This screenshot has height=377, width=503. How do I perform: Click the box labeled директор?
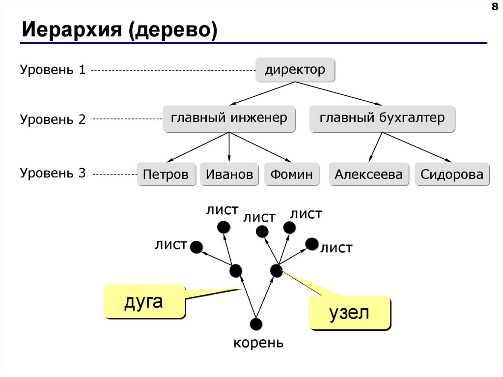click(x=295, y=69)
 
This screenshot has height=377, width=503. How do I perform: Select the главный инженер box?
click(x=229, y=118)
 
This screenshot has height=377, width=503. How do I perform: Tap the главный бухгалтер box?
click(x=382, y=118)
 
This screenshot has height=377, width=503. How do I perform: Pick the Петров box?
click(x=166, y=174)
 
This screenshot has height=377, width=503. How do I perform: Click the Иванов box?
click(x=229, y=174)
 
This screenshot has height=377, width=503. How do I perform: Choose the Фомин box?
click(x=291, y=174)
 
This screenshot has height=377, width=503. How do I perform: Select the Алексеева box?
click(x=368, y=174)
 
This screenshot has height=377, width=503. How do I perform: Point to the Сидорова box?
click(x=452, y=174)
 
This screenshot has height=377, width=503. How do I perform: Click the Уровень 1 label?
click(x=53, y=70)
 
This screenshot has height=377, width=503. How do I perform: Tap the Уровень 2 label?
click(x=53, y=119)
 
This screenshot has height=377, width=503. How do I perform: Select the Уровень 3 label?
click(x=53, y=173)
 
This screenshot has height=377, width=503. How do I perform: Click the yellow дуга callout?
click(x=144, y=301)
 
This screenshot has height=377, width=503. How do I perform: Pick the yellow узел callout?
click(x=349, y=313)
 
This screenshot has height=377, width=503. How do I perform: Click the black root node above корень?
click(x=256, y=324)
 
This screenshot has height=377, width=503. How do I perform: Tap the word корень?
click(x=258, y=343)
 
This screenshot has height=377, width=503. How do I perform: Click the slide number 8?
click(x=494, y=6)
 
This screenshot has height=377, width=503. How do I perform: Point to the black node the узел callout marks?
click(x=276, y=270)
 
